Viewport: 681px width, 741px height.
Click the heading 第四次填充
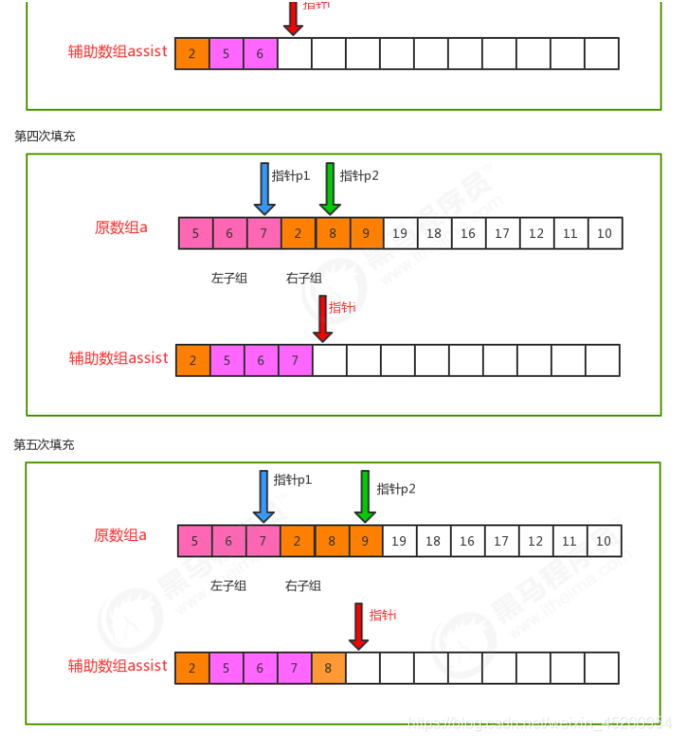tap(45, 136)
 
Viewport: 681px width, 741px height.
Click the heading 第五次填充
tap(44, 445)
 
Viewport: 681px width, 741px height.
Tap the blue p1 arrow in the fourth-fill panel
tap(264, 187)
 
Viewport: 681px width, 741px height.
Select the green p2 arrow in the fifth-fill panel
tap(364, 495)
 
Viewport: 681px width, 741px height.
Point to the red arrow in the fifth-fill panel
tap(358, 625)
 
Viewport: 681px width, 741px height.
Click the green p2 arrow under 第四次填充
tap(330, 187)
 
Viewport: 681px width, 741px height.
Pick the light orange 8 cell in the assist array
tap(328, 668)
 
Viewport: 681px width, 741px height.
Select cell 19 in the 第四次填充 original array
tap(399, 233)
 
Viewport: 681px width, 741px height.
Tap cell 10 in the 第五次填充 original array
tap(603, 541)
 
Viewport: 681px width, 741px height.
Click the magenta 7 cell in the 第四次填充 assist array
tap(295, 360)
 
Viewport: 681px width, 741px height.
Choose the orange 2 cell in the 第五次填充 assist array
tap(191, 668)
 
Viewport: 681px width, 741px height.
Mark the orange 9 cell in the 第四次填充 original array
tap(365, 233)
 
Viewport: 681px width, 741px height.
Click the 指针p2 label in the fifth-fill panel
tap(395, 488)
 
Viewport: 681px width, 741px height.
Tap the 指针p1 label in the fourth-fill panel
tap(290, 176)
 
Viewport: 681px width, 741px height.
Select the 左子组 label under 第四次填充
tap(228, 278)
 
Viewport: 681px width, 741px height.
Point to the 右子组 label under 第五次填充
tap(303, 586)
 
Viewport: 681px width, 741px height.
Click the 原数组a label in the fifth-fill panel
tap(119, 535)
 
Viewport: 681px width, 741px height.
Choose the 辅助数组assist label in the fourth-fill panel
tap(119, 358)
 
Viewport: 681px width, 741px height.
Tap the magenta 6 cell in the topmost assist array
tap(260, 53)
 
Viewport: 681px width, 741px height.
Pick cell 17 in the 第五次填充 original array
tap(501, 541)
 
